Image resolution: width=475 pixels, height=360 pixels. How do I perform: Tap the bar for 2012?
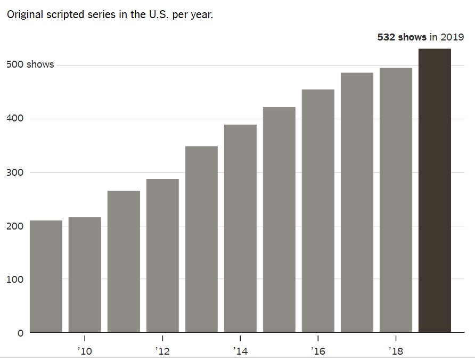pyautogui.click(x=162, y=255)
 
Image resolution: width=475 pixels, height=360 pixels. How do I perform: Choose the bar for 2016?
pyautogui.click(x=318, y=210)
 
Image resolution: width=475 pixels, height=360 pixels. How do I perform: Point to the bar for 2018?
pyautogui.click(x=396, y=200)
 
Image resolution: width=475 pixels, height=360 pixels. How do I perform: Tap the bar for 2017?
pyautogui.click(x=357, y=202)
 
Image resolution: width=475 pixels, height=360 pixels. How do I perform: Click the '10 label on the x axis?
pyautogui.click(x=85, y=351)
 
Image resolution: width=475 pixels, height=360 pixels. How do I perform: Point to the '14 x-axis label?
pyautogui.click(x=240, y=351)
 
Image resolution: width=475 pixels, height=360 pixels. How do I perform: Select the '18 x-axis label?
pyautogui.click(x=396, y=351)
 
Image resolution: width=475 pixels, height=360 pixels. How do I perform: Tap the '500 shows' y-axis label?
pyautogui.click(x=30, y=64)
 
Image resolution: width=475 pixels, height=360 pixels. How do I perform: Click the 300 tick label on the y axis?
pyautogui.click(x=14, y=172)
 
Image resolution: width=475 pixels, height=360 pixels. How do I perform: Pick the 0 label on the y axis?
pyautogui.click(x=20, y=333)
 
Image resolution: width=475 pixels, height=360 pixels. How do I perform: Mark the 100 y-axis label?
pyautogui.click(x=14, y=280)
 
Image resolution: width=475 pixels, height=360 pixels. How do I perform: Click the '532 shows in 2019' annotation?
pyautogui.click(x=420, y=37)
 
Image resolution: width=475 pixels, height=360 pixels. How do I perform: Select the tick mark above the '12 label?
pyautogui.click(x=162, y=338)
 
